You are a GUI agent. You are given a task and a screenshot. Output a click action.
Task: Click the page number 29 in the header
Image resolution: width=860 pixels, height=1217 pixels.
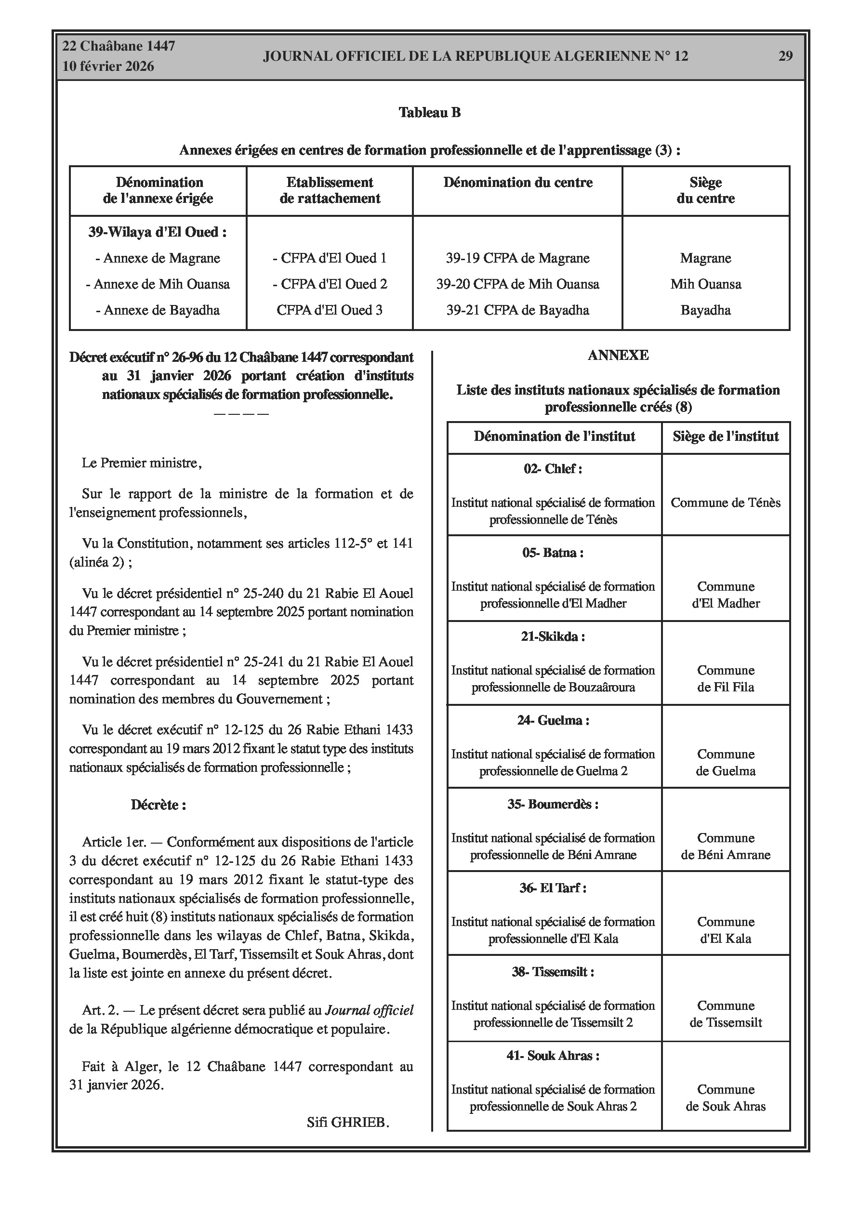785,56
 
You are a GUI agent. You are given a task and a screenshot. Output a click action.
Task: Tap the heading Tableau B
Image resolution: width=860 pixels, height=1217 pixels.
429,112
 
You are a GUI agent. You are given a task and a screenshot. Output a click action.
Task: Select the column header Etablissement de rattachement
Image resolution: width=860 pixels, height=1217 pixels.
330,190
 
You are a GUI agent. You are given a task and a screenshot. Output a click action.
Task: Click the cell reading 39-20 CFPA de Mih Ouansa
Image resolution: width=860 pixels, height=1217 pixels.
517,284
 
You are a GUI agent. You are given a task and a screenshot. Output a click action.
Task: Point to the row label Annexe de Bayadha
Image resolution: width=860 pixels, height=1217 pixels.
158,310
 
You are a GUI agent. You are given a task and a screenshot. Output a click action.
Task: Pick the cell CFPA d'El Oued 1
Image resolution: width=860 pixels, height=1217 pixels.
330,258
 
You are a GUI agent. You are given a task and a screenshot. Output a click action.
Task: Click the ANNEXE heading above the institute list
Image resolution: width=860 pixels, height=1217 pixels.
618,355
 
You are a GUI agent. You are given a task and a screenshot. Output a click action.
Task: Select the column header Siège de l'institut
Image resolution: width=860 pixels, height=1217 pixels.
725,437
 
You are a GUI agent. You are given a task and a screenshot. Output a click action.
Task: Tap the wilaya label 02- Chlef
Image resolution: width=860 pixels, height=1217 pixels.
553,469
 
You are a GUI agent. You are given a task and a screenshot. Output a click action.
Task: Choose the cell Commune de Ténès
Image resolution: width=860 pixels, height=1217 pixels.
725,503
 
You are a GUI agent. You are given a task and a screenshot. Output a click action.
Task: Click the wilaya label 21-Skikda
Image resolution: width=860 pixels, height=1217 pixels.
553,636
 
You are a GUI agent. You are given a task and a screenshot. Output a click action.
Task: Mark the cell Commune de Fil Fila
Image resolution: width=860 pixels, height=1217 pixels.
725,678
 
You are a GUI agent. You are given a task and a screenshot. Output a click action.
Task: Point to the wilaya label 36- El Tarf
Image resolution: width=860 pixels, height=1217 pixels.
553,888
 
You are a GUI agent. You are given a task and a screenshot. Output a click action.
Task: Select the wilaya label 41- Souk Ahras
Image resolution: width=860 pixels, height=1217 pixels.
553,1055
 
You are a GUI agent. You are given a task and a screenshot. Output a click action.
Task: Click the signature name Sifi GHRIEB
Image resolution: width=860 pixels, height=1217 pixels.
348,1122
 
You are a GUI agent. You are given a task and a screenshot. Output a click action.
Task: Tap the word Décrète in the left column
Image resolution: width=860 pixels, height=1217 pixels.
158,805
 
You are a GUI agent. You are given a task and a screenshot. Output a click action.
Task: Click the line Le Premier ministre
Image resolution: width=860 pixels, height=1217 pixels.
142,463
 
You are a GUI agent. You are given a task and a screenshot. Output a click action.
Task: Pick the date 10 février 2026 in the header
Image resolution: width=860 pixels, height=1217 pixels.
108,66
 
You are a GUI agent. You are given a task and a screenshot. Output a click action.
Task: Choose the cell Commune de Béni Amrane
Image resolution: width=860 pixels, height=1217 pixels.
725,846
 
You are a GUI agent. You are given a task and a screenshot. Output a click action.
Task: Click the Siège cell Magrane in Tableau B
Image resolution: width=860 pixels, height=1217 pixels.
706,258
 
